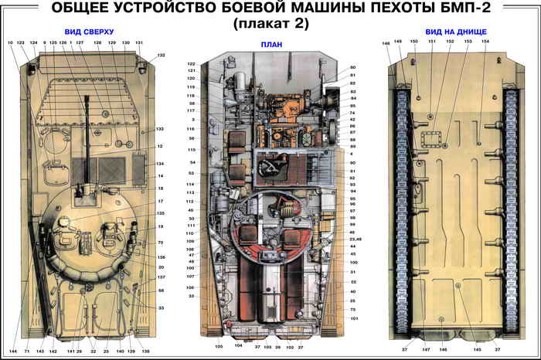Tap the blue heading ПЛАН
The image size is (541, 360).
pyautogui.click(x=270, y=45)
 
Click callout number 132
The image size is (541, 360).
pyautogui.click(x=161, y=56)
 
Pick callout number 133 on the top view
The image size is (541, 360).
pyautogui.click(x=160, y=129)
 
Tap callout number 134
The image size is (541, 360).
pyautogui.click(x=160, y=164)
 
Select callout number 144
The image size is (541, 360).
pyautogui.click(x=13, y=352)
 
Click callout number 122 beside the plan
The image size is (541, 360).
pyautogui.click(x=191, y=63)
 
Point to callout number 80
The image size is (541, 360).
pyautogui.click(x=352, y=67)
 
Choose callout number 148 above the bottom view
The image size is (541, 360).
pyautogui.click(x=386, y=44)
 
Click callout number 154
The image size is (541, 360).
pyautogui.click(x=485, y=41)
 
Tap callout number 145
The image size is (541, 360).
pyautogui.click(x=477, y=350)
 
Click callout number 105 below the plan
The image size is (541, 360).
pyautogui.click(x=219, y=347)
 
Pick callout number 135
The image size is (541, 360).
pyautogui.click(x=161, y=213)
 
